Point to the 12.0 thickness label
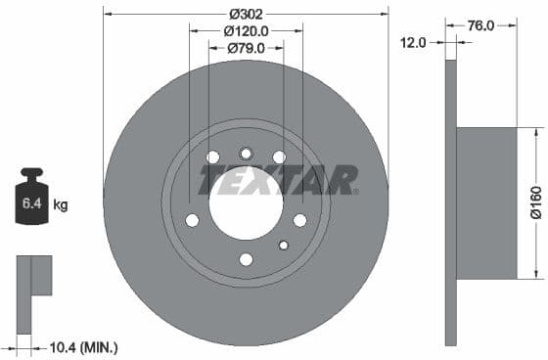[x=413, y=41]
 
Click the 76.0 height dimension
[x=479, y=26]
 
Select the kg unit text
[x=61, y=204]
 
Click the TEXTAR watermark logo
[x=279, y=180]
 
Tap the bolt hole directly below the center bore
[x=246, y=259]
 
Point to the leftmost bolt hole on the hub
[x=192, y=219]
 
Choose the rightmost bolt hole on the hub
[x=299, y=219]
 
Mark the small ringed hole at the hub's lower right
[x=284, y=245]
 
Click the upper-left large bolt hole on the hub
[x=212, y=157]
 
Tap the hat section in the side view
[x=486, y=202]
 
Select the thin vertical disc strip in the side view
[x=450, y=202]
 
